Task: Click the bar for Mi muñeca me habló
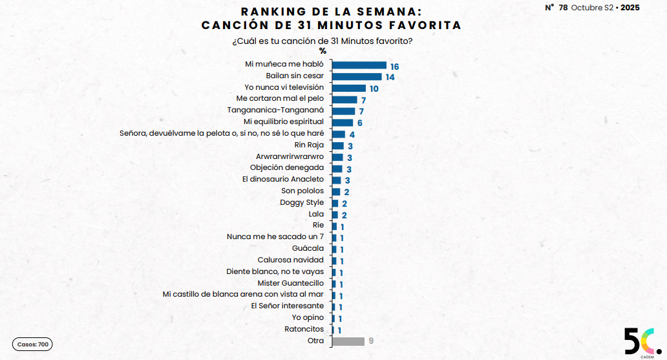click(x=359, y=65)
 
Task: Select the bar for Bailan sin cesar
click(x=356, y=76)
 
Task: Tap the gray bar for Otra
click(x=348, y=341)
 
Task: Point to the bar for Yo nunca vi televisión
click(x=348, y=88)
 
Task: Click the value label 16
click(x=394, y=66)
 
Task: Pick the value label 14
click(x=390, y=78)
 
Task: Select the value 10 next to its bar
click(x=374, y=89)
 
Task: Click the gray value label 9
click(x=371, y=341)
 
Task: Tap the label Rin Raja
click(x=309, y=145)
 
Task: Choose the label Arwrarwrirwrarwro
click(x=290, y=156)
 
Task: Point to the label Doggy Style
click(x=302, y=202)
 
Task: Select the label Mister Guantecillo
click(x=291, y=283)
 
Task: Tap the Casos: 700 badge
click(x=32, y=344)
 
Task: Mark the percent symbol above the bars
click(x=323, y=51)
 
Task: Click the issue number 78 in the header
click(x=564, y=7)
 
